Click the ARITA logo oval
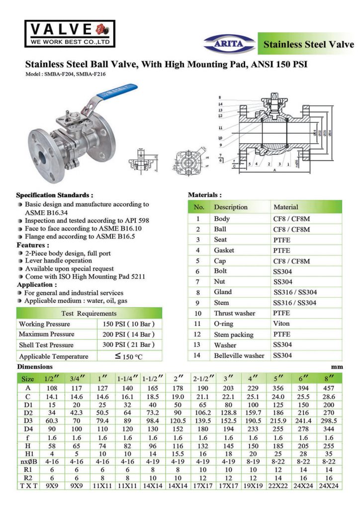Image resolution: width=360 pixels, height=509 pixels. (229, 43)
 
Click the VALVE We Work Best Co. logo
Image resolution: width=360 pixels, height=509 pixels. (70, 33)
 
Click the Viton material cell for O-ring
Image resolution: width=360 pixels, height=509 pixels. (282, 324)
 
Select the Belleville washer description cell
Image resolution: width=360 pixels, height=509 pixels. (239, 355)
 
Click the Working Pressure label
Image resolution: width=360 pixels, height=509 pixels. (46, 324)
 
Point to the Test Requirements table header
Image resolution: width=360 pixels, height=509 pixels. (89, 313)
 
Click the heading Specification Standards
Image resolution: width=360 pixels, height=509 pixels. (55, 195)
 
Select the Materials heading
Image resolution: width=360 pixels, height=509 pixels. (205, 195)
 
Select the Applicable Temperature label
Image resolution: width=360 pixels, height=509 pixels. (53, 356)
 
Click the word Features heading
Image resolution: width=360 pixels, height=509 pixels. (33, 245)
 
